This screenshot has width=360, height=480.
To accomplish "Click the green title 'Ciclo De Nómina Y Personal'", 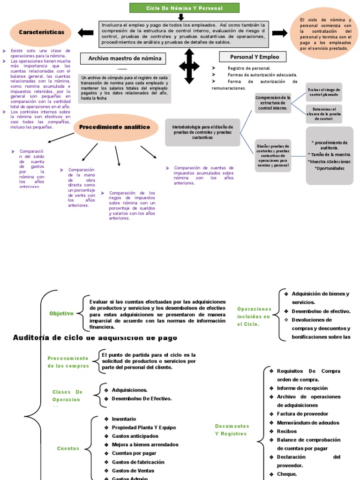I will click(184, 8).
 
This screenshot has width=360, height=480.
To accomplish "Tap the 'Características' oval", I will click(41, 32).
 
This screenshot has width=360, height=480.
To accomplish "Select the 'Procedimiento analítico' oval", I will click(115, 127).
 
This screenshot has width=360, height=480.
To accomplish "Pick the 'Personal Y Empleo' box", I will click(255, 57).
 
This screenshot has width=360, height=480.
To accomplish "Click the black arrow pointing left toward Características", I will click(86, 33).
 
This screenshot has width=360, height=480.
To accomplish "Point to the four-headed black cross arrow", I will click(189, 67).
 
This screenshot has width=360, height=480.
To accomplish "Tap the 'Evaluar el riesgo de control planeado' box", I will click(324, 92).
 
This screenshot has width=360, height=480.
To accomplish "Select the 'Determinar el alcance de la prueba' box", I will click(324, 114).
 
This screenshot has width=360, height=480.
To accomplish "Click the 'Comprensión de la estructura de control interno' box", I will click(273, 103).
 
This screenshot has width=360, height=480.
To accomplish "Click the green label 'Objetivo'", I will click(61, 314).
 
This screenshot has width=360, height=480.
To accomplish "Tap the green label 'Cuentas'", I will click(68, 449).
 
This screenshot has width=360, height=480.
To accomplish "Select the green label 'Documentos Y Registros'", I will click(232, 430).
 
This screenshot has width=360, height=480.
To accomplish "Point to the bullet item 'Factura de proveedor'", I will click(302, 414).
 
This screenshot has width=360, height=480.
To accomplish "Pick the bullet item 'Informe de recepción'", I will click(302, 388).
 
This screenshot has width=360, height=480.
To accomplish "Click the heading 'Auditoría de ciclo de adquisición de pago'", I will click(95, 337).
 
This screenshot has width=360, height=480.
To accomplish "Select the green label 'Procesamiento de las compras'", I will click(68, 362).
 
